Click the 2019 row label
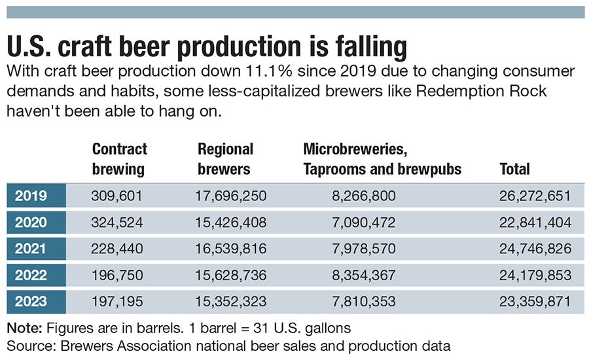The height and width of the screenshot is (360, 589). (x=31, y=195)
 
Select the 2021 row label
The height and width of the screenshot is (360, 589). (x=31, y=249)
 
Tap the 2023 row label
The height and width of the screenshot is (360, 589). (x=31, y=302)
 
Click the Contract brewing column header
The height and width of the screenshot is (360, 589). (x=119, y=158)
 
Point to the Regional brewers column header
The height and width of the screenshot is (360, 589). (x=225, y=158)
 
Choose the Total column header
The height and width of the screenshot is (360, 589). (x=514, y=169)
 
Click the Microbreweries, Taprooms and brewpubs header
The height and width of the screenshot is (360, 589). (x=382, y=158)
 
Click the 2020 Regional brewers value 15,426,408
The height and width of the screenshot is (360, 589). (x=230, y=222)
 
